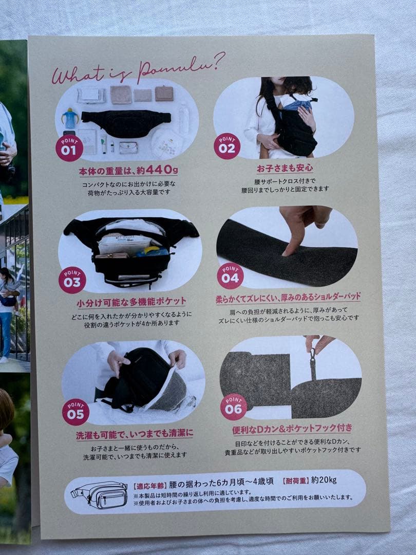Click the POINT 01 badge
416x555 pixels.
[x=69, y=148]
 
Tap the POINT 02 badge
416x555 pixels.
[x=227, y=146]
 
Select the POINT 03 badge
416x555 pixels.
[x=72, y=280]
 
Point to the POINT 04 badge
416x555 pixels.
[x=230, y=276]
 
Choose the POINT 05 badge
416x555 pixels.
[x=75, y=412]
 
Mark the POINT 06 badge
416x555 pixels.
[x=234, y=407]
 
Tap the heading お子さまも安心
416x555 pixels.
[x=285, y=168]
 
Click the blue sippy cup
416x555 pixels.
[x=70, y=118]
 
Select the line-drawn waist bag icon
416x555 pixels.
[x=100, y=494]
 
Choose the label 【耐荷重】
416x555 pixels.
[x=296, y=480]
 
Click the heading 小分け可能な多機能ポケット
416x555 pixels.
[x=131, y=302]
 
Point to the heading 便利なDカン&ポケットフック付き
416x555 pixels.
[x=292, y=429]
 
